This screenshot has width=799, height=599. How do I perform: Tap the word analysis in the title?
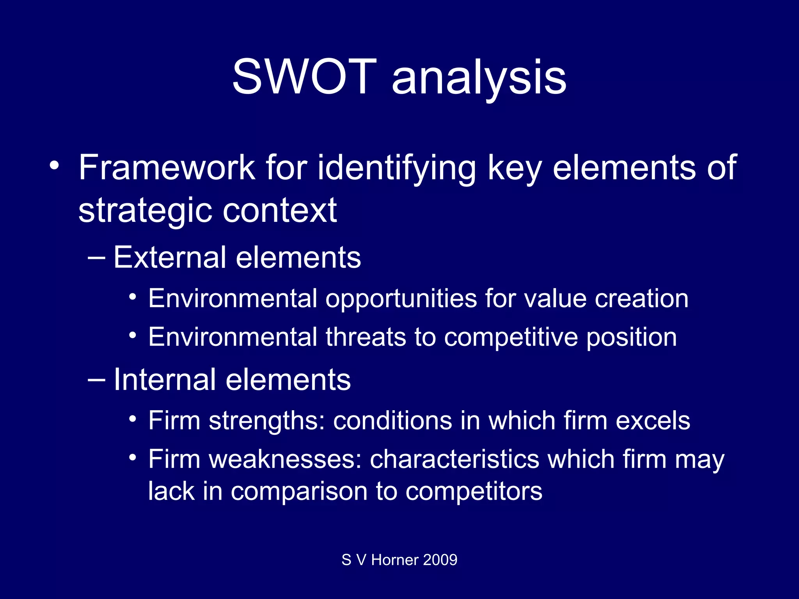click(479, 78)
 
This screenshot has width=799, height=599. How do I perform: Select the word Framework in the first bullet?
click(167, 168)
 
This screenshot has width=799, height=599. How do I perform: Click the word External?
click(170, 258)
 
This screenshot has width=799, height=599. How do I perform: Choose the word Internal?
click(164, 380)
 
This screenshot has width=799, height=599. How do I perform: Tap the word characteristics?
click(454, 459)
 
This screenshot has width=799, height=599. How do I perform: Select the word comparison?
click(299, 491)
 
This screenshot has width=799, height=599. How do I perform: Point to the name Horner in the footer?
click(395, 560)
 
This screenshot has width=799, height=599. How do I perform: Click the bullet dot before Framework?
click(54, 166)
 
